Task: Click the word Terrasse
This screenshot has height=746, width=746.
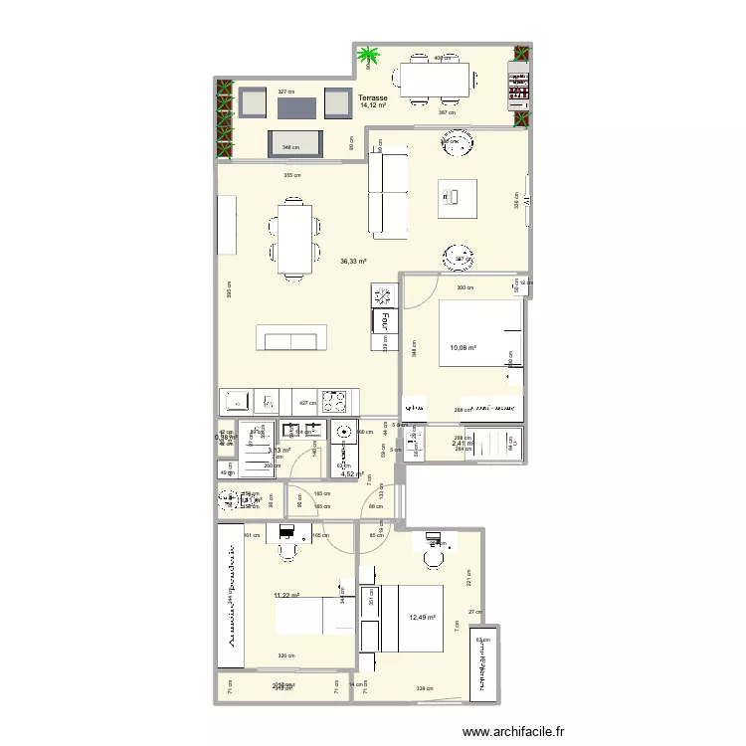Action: click(x=373, y=97)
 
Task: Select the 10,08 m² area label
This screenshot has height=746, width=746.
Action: click(x=464, y=348)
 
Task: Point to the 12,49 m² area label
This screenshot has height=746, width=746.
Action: click(x=422, y=617)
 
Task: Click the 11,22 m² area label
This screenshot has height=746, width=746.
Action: click(x=287, y=596)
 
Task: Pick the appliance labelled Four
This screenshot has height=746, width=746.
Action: click(x=380, y=321)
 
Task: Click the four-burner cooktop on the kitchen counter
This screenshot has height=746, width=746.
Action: click(x=333, y=401)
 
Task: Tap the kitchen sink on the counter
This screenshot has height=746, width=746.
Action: click(x=236, y=401)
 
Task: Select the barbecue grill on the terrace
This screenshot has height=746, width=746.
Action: click(x=518, y=84)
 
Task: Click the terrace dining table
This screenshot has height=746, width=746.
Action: click(x=435, y=80)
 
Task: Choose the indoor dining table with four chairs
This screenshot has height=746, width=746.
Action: click(x=294, y=239)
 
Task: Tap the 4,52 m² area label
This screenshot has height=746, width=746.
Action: click(x=352, y=474)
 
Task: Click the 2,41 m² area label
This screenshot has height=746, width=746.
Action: click(x=461, y=445)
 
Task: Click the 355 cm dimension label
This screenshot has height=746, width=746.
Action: click(x=291, y=175)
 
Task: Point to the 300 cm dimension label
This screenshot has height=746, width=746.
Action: click(x=465, y=287)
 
